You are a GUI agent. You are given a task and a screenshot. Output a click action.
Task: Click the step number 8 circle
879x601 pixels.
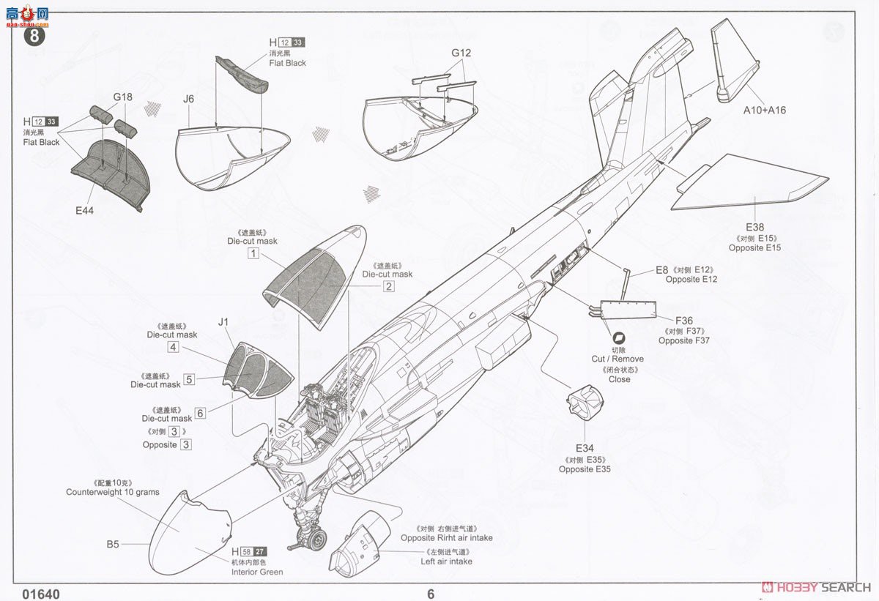coord(35,34)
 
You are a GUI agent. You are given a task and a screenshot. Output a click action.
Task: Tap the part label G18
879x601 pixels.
coord(123,97)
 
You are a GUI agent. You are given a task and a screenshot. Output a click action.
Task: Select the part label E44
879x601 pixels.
coord(84,210)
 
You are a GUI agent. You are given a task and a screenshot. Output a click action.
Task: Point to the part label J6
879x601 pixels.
coord(189,99)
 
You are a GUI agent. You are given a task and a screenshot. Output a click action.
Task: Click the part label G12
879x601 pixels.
coord(461,53)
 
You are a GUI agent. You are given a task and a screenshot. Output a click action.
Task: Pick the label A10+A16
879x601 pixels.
coord(764,110)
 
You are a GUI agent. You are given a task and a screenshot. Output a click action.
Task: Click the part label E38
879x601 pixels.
coord(754,227)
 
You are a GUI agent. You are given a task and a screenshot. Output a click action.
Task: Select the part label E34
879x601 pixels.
coord(585,449)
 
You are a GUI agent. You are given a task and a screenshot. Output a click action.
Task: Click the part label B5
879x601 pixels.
coord(113,544)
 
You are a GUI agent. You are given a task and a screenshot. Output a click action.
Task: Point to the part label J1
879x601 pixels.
coord(223,321)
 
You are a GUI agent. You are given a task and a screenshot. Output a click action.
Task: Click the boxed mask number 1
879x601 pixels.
coord(253,253)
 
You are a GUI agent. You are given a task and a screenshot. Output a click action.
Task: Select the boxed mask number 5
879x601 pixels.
coord(189,379)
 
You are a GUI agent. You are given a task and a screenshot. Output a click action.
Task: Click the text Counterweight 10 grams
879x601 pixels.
coord(112,492)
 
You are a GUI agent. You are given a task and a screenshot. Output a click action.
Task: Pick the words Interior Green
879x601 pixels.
coord(257,572)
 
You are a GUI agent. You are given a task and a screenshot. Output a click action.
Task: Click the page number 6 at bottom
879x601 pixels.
coord(431,594)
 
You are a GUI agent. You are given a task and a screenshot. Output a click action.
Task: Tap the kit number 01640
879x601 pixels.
coord(41,594)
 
